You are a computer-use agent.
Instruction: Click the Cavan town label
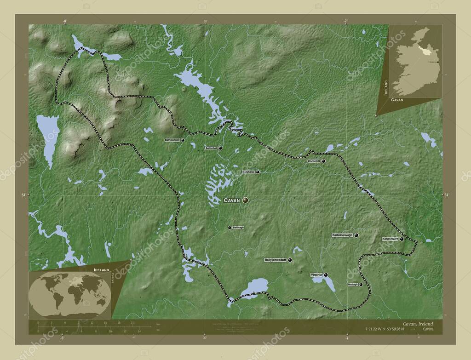pyautogui.click(x=232, y=200)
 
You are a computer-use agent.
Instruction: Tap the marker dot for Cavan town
pyautogui.click(x=245, y=200)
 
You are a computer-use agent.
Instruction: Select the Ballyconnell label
pyautogui.click(x=172, y=139)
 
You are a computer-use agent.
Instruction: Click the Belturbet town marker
pyautogui.click(x=220, y=148)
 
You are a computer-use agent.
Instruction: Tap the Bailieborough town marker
pyautogui.click(x=356, y=235)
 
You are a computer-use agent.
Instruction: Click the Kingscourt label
pyautogui.click(x=390, y=239)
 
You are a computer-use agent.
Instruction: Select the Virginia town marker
pyautogui.click(x=326, y=275)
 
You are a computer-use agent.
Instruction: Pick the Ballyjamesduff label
pyautogui.click(x=275, y=260)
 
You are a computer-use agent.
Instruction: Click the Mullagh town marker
pyautogui.click(x=361, y=285)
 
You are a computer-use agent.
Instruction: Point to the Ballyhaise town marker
pyautogui.click(x=258, y=172)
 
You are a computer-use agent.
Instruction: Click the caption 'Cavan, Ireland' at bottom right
pyautogui.click(x=417, y=324)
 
